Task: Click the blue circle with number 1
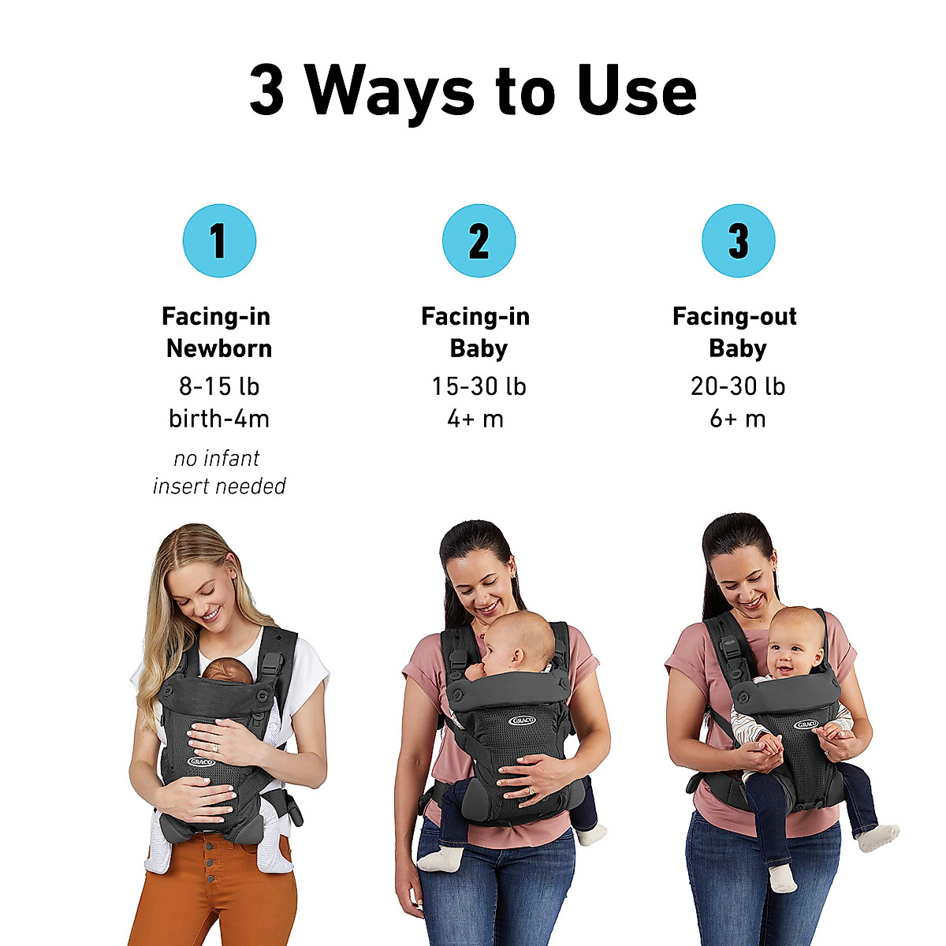[219, 240]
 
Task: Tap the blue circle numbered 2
[479, 240]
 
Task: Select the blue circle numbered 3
[738, 240]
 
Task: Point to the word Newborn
[219, 348]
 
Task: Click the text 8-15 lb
[219, 386]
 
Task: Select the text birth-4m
[219, 419]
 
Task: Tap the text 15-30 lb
[479, 386]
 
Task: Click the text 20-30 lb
[738, 386]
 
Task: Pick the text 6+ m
[738, 419]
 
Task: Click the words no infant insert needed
[219, 472]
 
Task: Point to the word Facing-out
[734, 316]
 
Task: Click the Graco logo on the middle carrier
[523, 721]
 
